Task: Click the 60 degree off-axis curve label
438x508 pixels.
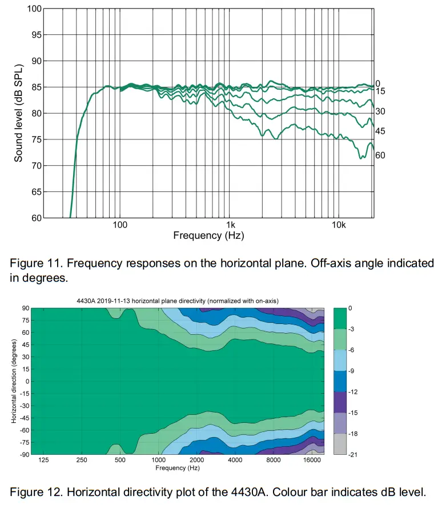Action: [x=380, y=155]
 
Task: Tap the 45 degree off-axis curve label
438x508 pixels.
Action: [x=380, y=131]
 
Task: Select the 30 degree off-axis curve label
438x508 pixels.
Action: [x=380, y=111]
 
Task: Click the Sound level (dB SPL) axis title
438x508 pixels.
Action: [x=19, y=114]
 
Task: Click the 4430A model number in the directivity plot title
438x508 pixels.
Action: [x=86, y=301]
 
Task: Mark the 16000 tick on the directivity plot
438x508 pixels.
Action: [x=310, y=461]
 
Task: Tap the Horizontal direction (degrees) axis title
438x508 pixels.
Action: [x=13, y=381]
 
